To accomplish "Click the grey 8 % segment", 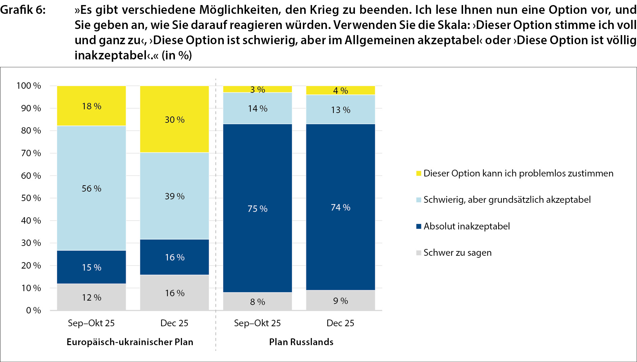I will pos(257,302).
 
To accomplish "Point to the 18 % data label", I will pos(91,106).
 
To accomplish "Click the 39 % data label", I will pos(175,196).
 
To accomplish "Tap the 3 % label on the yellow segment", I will pos(257,90).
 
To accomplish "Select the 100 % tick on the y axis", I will pos(29,86).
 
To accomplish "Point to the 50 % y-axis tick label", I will pos(31,198).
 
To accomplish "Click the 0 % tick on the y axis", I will pos(33,310).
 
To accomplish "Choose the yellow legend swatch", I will pos(419,173).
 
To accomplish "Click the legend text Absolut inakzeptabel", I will pos(466,226).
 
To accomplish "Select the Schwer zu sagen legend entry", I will pos(457,253).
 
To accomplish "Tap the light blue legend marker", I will pos(419,200).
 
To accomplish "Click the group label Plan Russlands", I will pos(301,342).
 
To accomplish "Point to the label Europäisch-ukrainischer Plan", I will pos(130,342).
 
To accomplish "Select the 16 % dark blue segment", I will pos(174,257).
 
